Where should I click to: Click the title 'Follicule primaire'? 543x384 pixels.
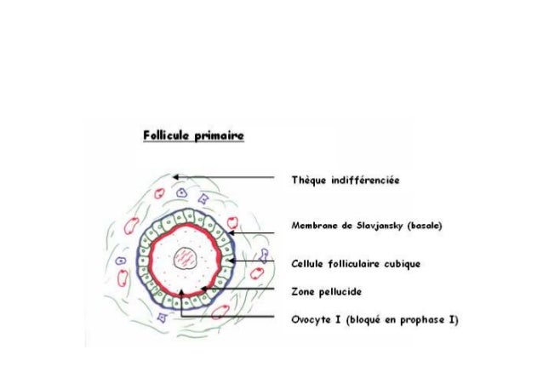194,136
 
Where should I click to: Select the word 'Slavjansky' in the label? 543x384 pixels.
372,226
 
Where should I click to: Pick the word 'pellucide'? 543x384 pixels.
338,291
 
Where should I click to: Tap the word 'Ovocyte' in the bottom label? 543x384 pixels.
313,320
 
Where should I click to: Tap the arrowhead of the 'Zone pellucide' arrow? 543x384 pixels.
205,290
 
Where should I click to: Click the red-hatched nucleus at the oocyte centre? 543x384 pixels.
185,257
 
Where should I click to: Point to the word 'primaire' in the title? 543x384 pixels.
220,136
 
